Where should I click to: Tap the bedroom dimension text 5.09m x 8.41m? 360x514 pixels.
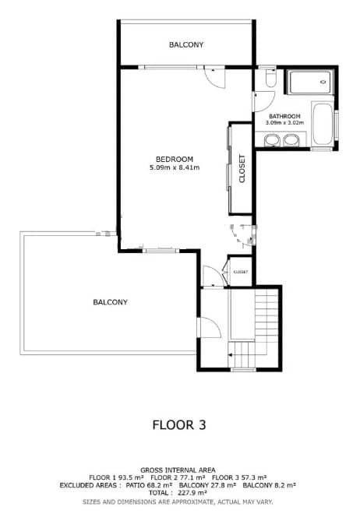pyautogui.click(x=175, y=167)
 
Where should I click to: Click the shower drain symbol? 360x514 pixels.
pyautogui.click(x=323, y=81)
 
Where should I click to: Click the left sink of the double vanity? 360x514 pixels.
pyautogui.click(x=270, y=140)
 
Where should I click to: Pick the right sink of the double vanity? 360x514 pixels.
pyautogui.click(x=291, y=140)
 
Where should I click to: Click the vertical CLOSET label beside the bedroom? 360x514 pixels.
pyautogui.click(x=242, y=169)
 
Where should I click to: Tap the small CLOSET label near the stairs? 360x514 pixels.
pyautogui.click(x=240, y=272)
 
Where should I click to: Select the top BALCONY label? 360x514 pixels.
pyautogui.click(x=186, y=45)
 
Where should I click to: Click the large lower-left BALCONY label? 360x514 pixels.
pyautogui.click(x=110, y=302)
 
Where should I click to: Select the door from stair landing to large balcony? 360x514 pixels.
pyautogui.click(x=206, y=329)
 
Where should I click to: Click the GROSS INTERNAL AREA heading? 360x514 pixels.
pyautogui.click(x=179, y=470)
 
